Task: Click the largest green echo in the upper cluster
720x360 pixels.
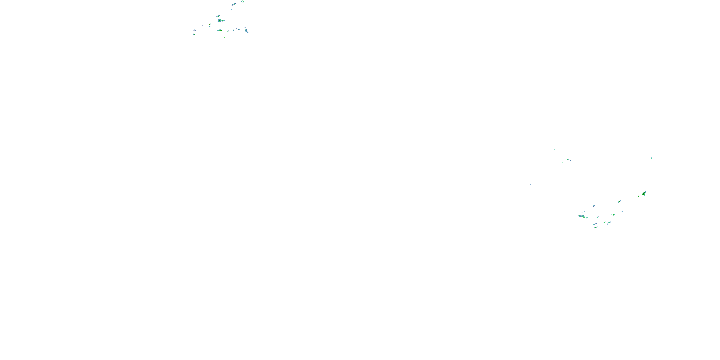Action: tap(220, 20)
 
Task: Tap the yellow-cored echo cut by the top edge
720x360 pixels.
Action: tap(243, 1)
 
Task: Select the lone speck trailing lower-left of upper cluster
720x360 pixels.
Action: tap(179, 43)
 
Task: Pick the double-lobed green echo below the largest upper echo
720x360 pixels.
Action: tap(220, 30)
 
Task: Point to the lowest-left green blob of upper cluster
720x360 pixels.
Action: tap(194, 34)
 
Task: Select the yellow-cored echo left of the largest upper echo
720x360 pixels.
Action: tap(210, 24)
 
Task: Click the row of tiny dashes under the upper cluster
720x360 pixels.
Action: tap(222, 38)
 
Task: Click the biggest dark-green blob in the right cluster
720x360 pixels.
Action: tap(644, 193)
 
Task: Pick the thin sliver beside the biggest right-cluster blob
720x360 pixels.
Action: tap(638, 196)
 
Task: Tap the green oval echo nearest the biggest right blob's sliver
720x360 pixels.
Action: tap(619, 201)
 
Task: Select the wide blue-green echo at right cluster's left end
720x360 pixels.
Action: tap(582, 216)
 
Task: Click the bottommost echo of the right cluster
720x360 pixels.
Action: tap(596, 227)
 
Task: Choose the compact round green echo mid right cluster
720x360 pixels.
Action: tap(613, 215)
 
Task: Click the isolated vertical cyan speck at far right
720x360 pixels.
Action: tap(652, 158)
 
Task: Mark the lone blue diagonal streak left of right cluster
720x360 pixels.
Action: tap(530, 184)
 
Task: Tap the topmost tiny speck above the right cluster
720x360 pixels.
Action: tap(555, 149)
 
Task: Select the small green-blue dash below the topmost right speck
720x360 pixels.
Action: tap(567, 160)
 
